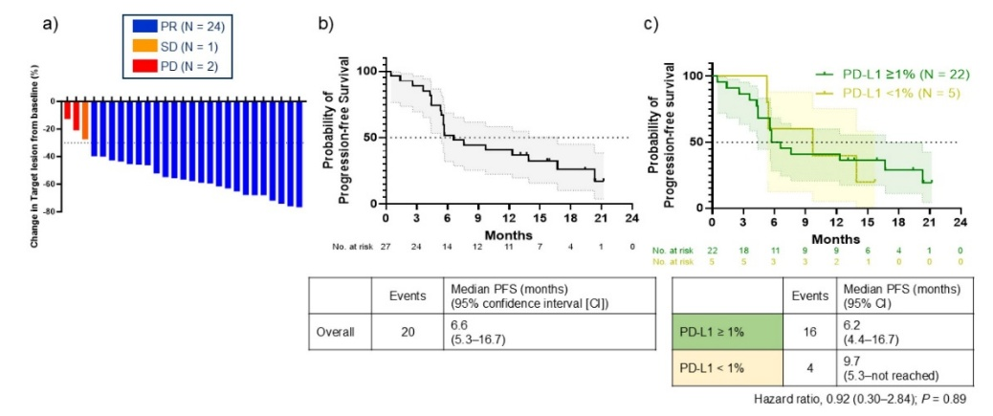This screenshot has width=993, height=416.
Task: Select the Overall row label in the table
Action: pyautogui.click(x=335, y=334)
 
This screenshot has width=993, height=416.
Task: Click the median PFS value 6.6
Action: pyautogui.click(x=459, y=326)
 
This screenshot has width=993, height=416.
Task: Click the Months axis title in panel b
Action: pyautogui.click(x=508, y=233)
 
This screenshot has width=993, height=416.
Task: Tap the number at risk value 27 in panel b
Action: pyautogui.click(x=386, y=247)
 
